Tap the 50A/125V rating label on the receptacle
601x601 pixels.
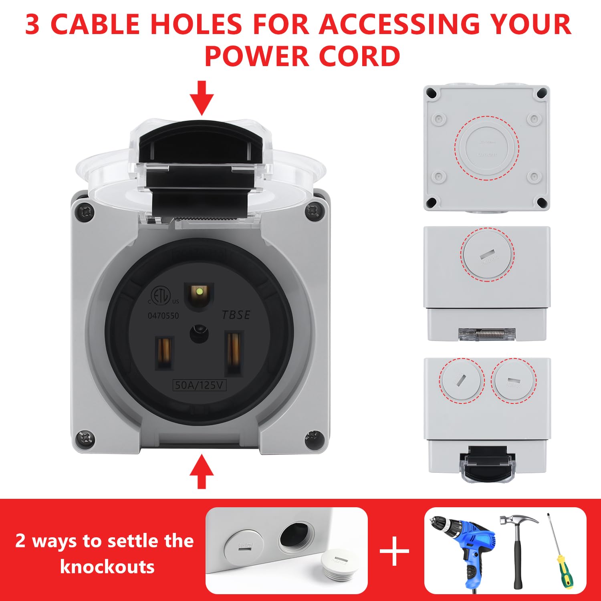tap(199, 385)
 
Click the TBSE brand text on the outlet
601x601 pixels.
tap(236, 315)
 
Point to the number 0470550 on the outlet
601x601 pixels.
tap(163, 316)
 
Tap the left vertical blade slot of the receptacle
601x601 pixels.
tap(164, 353)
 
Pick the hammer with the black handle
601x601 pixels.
tap(517, 549)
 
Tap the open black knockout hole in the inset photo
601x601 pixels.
tap(296, 535)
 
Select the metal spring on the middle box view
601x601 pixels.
tap(487, 333)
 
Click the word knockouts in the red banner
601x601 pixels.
tap(107, 567)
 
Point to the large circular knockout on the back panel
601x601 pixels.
tap(487, 148)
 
